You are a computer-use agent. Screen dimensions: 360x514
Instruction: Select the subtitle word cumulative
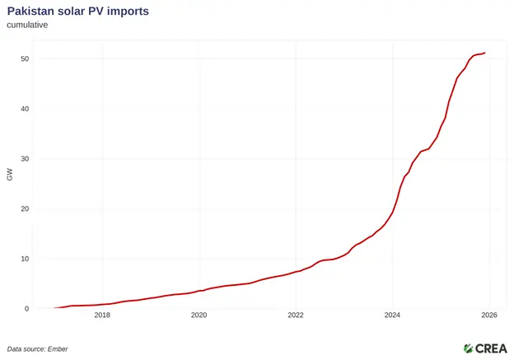(28, 25)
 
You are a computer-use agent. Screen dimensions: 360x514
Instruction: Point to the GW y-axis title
(10, 175)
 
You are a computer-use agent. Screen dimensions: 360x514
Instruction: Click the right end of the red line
(484, 53)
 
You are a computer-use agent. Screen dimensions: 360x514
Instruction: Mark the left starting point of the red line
(54, 308)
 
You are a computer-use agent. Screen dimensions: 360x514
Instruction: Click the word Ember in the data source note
(56, 348)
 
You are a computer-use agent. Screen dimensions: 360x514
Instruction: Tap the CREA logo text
(491, 348)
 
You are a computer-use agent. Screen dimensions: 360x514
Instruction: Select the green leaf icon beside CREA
(468, 348)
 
